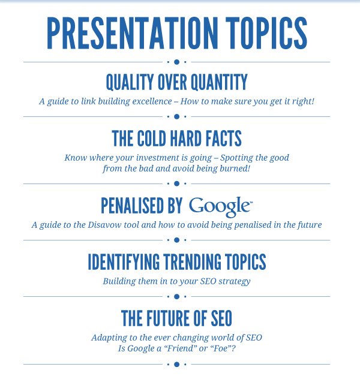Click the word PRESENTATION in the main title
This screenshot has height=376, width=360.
[x=132, y=33]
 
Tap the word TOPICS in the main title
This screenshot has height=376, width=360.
[x=266, y=33]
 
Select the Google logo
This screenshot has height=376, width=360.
[x=221, y=207]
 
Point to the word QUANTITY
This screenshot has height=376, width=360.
[x=219, y=82]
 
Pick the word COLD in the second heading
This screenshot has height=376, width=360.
[x=151, y=139]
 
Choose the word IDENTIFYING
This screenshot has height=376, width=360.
[x=124, y=262]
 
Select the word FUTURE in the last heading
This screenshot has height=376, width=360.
[x=169, y=318]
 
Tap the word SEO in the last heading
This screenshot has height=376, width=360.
[x=221, y=318]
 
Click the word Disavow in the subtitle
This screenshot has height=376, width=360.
[x=104, y=225]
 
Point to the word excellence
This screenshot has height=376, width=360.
[x=152, y=101]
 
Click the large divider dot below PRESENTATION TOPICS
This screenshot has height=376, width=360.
[x=177, y=62]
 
